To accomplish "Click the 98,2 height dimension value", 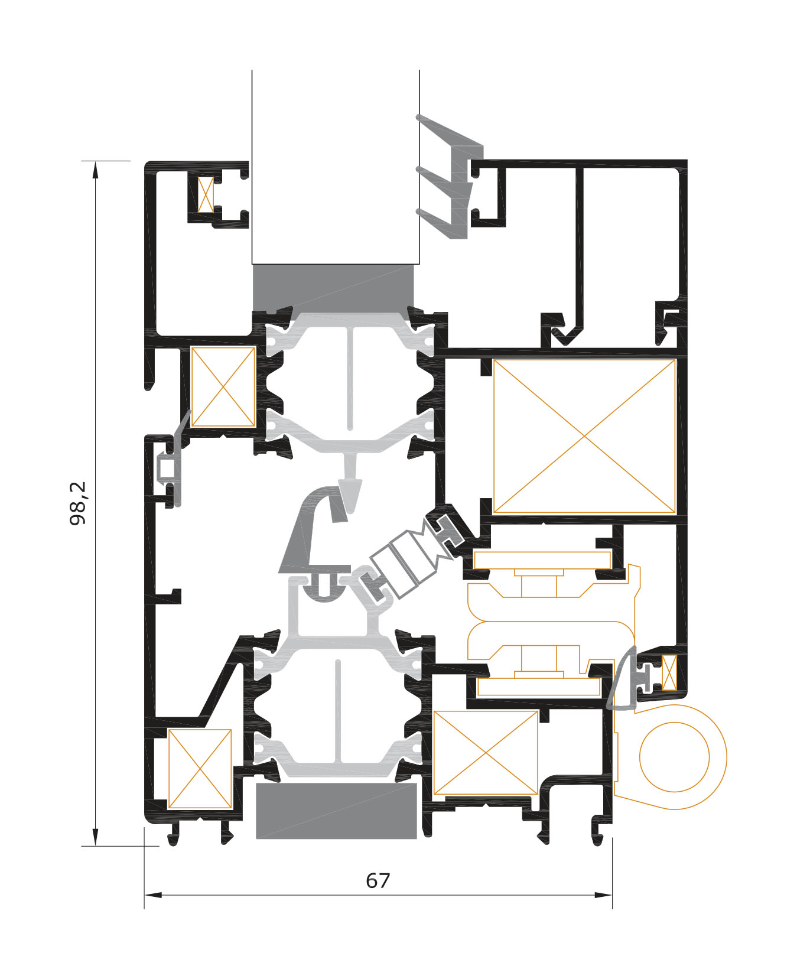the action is (x=78, y=503).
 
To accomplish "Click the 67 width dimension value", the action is (x=378, y=880).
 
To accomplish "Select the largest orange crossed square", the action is (x=584, y=436).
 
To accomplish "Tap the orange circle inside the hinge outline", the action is (x=674, y=757).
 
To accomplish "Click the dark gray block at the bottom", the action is (x=336, y=811).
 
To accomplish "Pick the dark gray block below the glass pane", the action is (x=333, y=288).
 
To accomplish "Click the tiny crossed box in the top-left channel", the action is (x=206, y=194).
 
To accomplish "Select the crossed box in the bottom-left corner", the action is (x=200, y=768).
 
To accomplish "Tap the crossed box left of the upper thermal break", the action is (x=223, y=387).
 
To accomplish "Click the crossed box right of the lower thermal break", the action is (x=486, y=752).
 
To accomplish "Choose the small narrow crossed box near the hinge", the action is (x=669, y=673).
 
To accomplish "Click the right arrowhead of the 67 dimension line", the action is (x=603, y=895).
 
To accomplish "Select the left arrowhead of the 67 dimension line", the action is (x=153, y=895).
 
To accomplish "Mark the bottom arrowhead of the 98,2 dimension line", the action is (x=95, y=837).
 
